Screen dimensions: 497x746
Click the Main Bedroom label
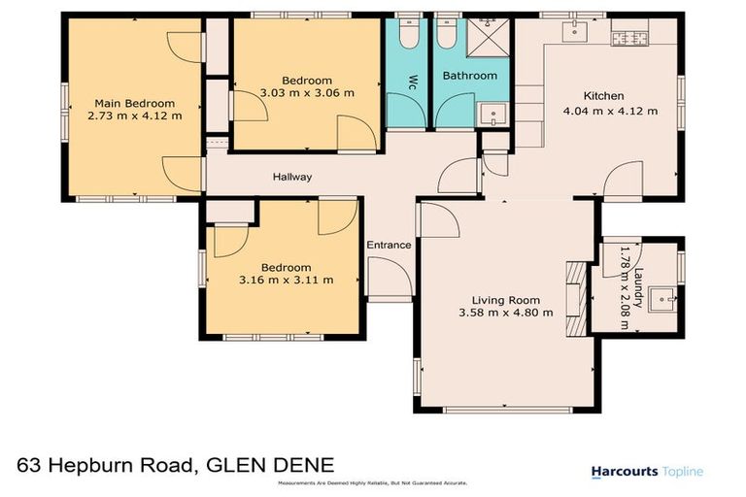[134, 103]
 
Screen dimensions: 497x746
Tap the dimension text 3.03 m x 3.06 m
[307, 93]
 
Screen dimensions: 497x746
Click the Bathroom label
[469, 76]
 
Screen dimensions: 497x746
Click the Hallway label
[291, 177]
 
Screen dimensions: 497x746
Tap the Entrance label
[389, 245]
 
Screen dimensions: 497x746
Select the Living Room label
[506, 300]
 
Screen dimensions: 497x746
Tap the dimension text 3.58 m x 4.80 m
[506, 313]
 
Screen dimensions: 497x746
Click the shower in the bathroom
[490, 39]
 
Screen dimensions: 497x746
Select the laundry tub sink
[664, 298]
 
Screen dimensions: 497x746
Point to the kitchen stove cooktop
[629, 38]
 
